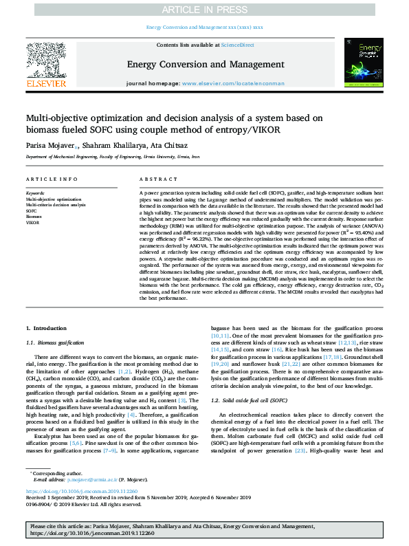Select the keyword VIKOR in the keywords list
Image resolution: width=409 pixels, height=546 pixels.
point(32,223)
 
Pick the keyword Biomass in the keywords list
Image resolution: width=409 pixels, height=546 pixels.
point(35,217)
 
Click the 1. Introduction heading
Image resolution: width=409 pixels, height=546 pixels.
point(46,329)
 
